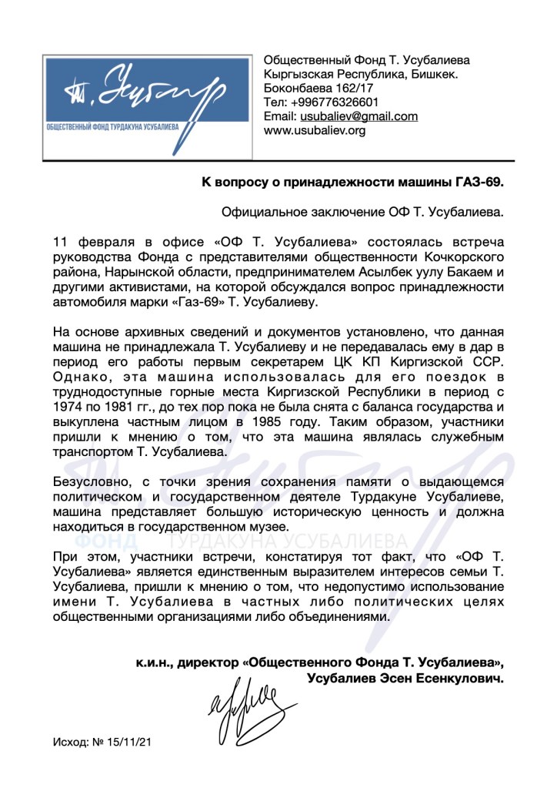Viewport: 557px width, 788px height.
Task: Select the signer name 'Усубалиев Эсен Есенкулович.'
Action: [x=405, y=679]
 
